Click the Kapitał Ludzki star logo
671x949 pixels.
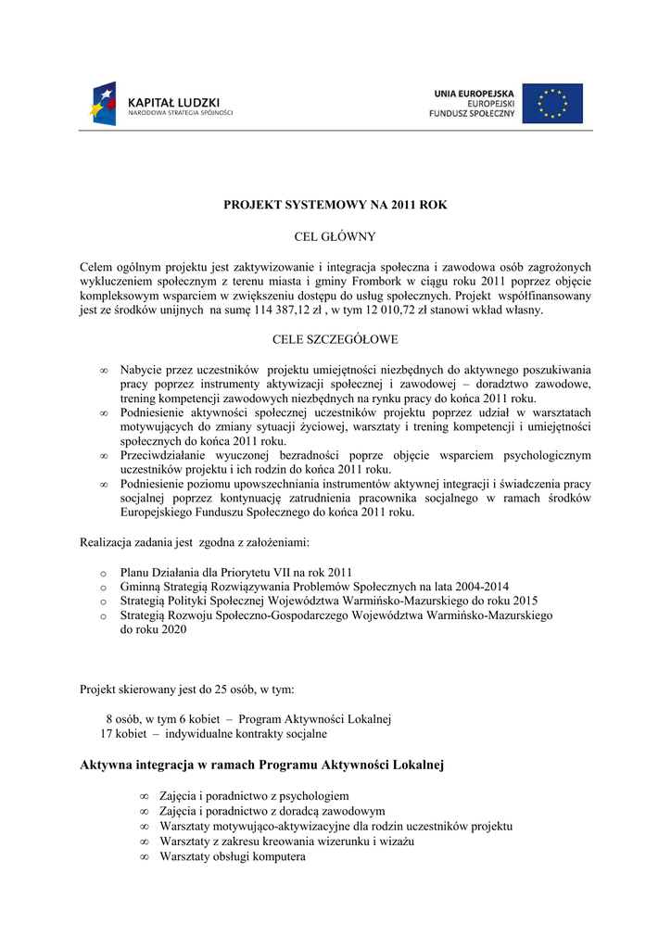tap(104, 103)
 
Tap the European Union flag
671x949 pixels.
tap(552, 103)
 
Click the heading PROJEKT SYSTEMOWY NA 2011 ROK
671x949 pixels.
tap(335, 205)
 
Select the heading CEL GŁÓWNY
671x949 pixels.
tap(335, 236)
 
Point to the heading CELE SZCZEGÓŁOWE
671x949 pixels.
tap(335, 339)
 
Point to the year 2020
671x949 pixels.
tap(172, 629)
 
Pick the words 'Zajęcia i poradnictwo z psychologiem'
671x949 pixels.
tap(254, 795)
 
